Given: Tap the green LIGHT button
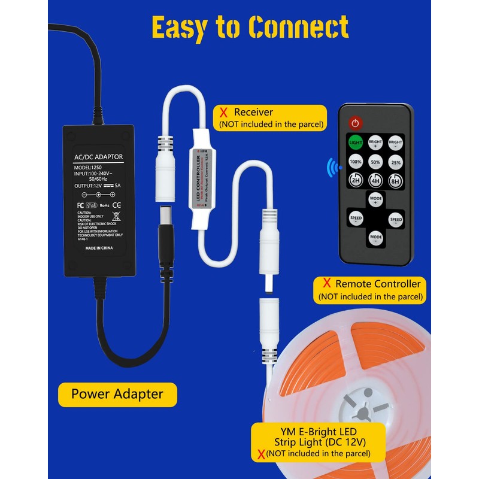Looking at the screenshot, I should tap(356, 143).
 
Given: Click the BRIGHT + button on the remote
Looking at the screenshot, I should tap(375, 143).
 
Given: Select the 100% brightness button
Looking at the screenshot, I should tap(356, 162).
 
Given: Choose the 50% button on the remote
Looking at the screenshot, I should tap(375, 162).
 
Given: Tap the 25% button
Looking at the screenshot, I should tap(396, 162).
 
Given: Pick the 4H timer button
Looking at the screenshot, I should tap(375, 181).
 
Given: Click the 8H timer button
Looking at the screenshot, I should tap(396, 181).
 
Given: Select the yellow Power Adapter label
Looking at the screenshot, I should tap(117, 394).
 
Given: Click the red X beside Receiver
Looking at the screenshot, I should tap(223, 112).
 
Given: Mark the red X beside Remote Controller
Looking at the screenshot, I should tap(326, 283).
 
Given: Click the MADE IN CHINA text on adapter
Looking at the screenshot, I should tap(99, 247).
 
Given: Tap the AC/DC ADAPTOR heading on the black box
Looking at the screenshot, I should tap(98, 157).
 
